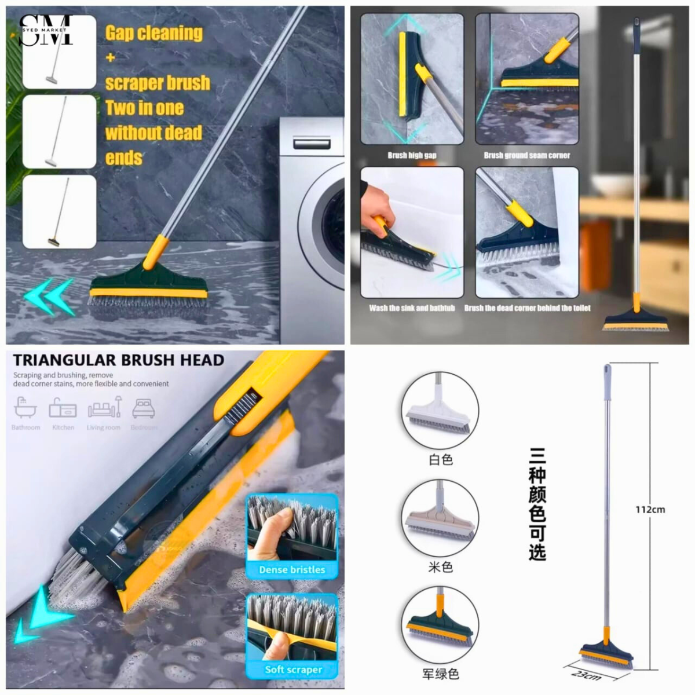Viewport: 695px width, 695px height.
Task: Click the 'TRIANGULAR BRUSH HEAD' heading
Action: click(x=118, y=360)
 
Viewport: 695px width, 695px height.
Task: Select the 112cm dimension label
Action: click(x=650, y=510)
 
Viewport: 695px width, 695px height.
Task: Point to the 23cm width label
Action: click(x=587, y=674)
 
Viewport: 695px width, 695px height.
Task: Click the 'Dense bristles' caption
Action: click(x=292, y=570)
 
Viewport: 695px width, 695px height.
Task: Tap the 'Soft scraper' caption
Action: click(x=293, y=670)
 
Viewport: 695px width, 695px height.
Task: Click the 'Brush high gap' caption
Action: click(x=412, y=155)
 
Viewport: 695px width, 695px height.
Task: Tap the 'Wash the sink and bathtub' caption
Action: click(x=412, y=308)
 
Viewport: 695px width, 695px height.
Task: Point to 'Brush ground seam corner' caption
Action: click(x=526, y=155)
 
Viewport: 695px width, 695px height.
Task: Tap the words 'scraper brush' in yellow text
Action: click(x=158, y=83)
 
